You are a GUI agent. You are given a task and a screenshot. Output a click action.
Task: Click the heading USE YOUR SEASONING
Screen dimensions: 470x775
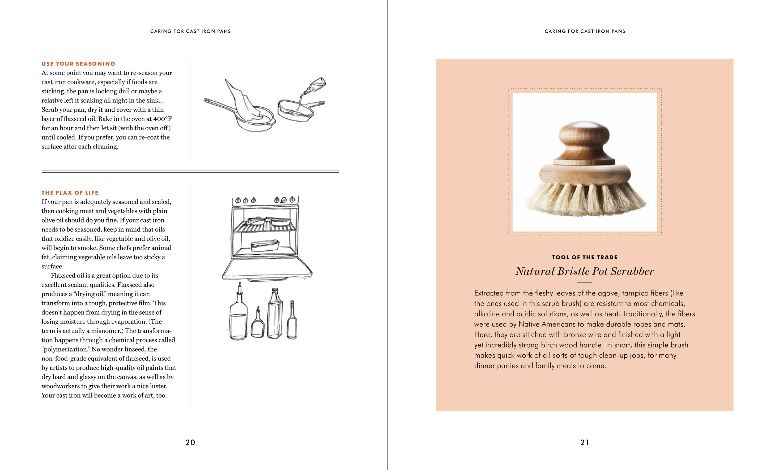(x=78, y=64)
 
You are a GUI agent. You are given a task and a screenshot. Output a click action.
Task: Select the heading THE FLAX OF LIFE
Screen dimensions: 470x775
(x=70, y=193)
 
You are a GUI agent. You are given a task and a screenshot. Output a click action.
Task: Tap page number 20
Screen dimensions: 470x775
(x=190, y=442)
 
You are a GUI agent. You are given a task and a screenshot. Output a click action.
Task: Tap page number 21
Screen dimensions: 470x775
(x=584, y=442)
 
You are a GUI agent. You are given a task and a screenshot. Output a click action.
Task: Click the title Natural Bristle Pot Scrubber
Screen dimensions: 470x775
(x=584, y=271)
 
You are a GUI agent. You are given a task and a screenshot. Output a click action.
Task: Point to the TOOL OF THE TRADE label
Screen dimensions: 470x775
(x=584, y=257)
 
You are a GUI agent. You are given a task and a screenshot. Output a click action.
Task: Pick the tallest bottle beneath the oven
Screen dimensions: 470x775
(x=275, y=314)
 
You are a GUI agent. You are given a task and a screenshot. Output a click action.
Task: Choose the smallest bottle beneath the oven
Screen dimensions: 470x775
(x=257, y=324)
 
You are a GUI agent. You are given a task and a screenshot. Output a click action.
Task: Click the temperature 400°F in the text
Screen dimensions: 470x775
(x=162, y=119)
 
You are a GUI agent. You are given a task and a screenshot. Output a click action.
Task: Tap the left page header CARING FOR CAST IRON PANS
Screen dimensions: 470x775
(x=190, y=31)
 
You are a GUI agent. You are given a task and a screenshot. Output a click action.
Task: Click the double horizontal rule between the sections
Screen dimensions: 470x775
(x=190, y=172)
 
